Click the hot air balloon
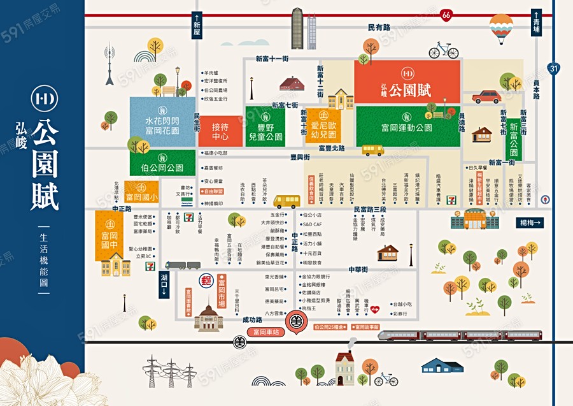501,27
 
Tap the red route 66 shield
446,14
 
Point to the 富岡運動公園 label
407,127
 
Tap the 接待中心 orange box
220,131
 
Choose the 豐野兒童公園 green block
265,127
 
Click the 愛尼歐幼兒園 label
323,126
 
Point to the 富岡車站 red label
265,332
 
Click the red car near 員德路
486,96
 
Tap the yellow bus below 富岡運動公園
372,150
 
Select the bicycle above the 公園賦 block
443,50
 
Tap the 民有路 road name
379,27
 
